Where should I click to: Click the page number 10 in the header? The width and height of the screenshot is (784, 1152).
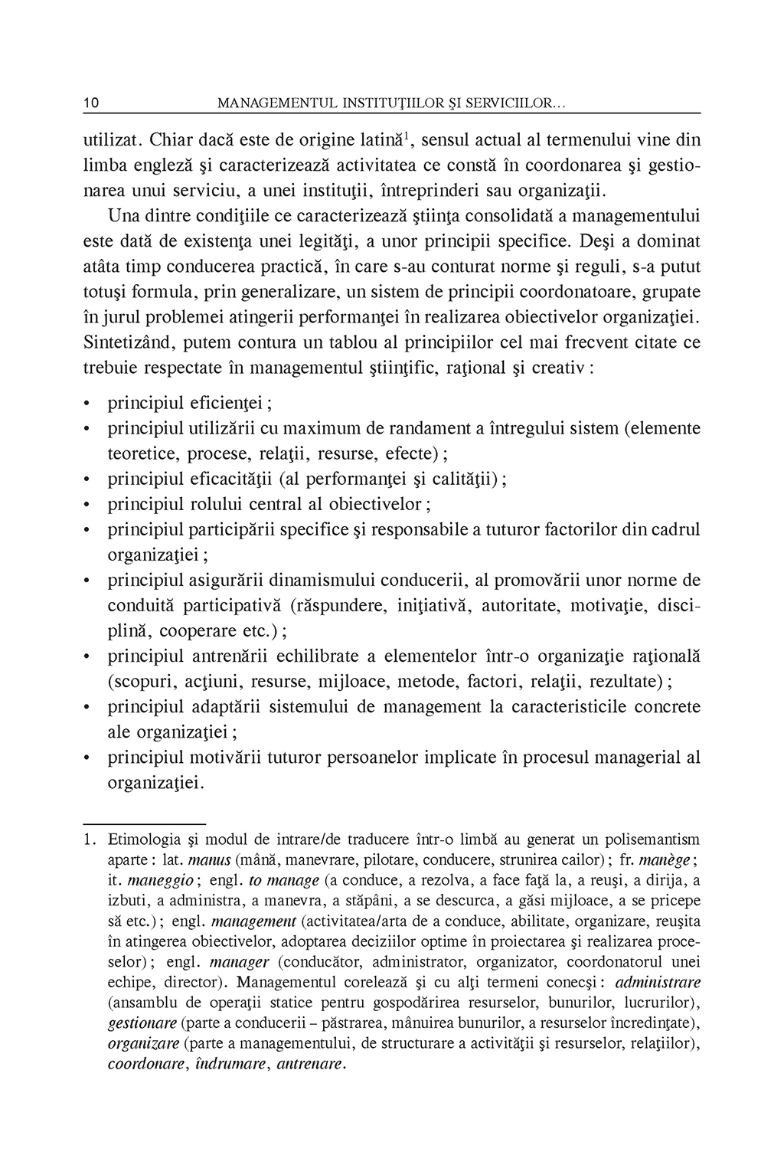click(x=90, y=103)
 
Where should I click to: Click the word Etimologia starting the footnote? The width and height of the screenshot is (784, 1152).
click(x=142, y=839)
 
